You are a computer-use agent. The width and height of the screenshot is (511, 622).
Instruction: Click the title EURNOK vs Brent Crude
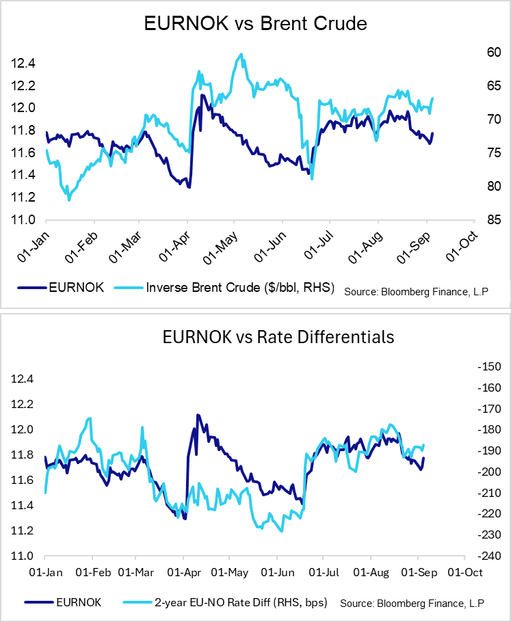coord(256,24)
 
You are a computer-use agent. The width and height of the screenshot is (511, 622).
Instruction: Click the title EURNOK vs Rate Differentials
coord(256,336)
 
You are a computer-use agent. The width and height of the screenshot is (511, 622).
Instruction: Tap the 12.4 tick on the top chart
coord(23,64)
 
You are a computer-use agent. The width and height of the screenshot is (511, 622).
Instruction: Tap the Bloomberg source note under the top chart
coord(417,291)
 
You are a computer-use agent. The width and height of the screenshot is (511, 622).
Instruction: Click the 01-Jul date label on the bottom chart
coord(322,572)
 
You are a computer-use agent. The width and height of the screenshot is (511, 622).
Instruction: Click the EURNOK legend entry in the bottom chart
coord(68,602)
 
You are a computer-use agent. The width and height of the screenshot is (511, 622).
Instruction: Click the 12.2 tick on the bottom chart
coord(23,404)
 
